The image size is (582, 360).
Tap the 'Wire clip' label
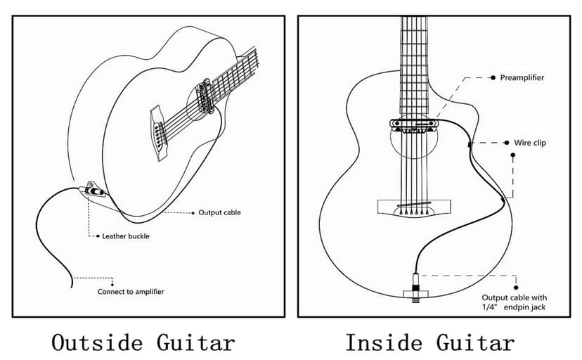(x=530, y=143)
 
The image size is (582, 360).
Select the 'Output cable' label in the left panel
(x=219, y=212)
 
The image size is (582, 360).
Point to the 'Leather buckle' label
(x=126, y=236)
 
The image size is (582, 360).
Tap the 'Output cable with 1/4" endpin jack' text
(x=514, y=302)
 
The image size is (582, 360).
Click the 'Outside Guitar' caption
(x=143, y=342)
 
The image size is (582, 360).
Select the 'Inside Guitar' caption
(x=429, y=342)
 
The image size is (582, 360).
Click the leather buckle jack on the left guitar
(x=91, y=190)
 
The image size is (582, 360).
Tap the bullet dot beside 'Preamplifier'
(x=493, y=77)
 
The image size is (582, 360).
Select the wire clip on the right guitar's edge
(x=469, y=144)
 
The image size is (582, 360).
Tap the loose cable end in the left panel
(x=73, y=287)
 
